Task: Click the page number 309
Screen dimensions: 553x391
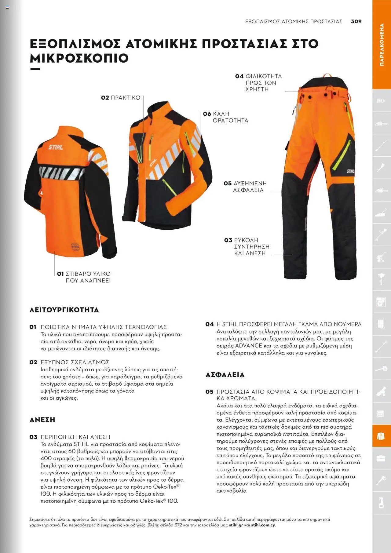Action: click(x=356, y=21)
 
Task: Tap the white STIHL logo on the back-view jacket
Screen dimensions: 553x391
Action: click(x=56, y=147)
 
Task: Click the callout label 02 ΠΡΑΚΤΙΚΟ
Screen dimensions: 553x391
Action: click(x=121, y=98)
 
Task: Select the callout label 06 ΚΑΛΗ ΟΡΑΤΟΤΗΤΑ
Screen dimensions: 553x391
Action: click(x=226, y=117)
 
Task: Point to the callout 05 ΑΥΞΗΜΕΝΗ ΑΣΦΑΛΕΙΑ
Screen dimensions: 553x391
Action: click(x=245, y=187)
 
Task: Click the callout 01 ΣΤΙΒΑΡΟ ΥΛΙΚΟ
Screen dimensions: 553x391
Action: click(x=84, y=277)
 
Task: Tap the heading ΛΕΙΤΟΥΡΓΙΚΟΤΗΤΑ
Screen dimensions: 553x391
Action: click(x=64, y=310)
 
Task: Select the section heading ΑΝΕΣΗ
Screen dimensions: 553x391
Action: click(x=42, y=420)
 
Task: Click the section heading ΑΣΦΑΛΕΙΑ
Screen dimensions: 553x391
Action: click(x=225, y=375)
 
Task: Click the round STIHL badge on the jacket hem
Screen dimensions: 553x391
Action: click(x=75, y=246)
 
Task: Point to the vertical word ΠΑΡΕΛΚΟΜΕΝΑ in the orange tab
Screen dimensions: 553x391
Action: click(x=382, y=45)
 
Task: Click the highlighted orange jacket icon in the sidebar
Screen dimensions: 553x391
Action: click(x=381, y=436)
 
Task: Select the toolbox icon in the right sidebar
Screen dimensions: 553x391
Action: click(x=381, y=458)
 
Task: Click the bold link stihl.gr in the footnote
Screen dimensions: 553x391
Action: click(x=236, y=525)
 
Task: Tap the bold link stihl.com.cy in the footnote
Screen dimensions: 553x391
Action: click(x=263, y=525)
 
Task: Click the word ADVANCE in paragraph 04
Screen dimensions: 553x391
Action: click(x=249, y=346)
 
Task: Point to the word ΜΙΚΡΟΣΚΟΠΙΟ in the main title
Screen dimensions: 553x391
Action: click(x=79, y=58)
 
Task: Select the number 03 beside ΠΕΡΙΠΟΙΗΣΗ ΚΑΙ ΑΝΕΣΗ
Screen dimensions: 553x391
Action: click(x=33, y=437)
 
